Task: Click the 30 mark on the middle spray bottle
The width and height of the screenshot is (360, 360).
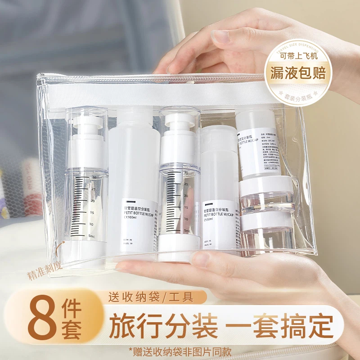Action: click(x=185, y=172)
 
